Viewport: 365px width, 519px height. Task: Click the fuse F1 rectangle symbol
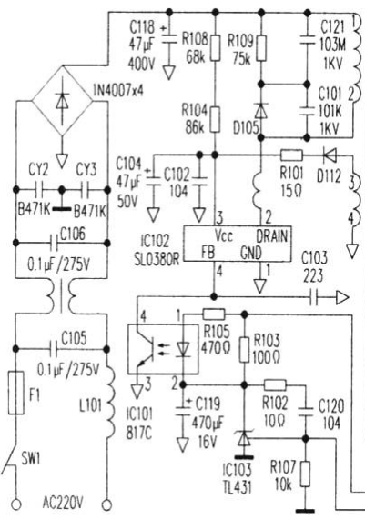pos(15,393)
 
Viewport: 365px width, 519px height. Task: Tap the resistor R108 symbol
pos(216,47)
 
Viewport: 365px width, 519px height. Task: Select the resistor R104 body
pos(216,119)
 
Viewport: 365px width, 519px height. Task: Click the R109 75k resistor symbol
pos(261,48)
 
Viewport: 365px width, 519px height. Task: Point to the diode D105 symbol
pos(261,110)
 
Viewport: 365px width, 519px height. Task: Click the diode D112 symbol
pos(330,155)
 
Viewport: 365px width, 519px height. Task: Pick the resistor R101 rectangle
pos(291,155)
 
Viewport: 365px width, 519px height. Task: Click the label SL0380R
pos(157,259)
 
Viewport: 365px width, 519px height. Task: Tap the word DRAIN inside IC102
pos(272,236)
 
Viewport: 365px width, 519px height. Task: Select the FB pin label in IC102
pos(208,254)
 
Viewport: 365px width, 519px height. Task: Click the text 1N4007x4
pos(118,90)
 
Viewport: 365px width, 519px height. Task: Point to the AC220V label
pos(62,504)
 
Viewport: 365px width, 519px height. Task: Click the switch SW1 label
pos(30,459)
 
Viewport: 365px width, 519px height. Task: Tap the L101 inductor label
pos(90,405)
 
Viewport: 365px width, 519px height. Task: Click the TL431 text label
pos(237,487)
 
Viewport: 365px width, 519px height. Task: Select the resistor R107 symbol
pos(305,474)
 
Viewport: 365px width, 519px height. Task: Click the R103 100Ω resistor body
pos(244,350)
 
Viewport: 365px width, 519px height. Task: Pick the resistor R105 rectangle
pos(214,314)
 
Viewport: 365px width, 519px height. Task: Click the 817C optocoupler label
pos(139,433)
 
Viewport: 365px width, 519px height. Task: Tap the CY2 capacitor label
pos(38,170)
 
